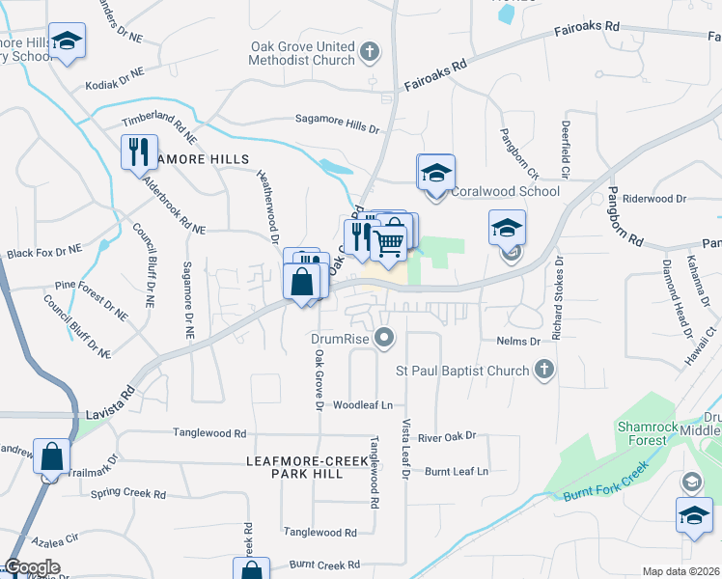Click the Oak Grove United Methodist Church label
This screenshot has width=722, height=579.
tap(302, 53)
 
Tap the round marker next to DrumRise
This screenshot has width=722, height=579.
tap(385, 338)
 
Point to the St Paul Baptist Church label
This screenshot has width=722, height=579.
tap(462, 371)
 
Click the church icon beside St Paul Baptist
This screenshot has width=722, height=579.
tap(544, 370)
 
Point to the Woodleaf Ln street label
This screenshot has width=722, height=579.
tap(363, 406)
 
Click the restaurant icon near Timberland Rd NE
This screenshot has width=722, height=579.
tap(139, 151)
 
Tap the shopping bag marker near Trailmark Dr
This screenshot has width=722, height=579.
tap(51, 455)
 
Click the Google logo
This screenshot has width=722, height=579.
tap(32, 567)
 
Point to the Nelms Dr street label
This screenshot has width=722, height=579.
tap(520, 342)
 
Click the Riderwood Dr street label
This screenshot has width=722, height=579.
tap(653, 198)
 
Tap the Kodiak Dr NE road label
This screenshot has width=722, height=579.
tap(114, 77)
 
